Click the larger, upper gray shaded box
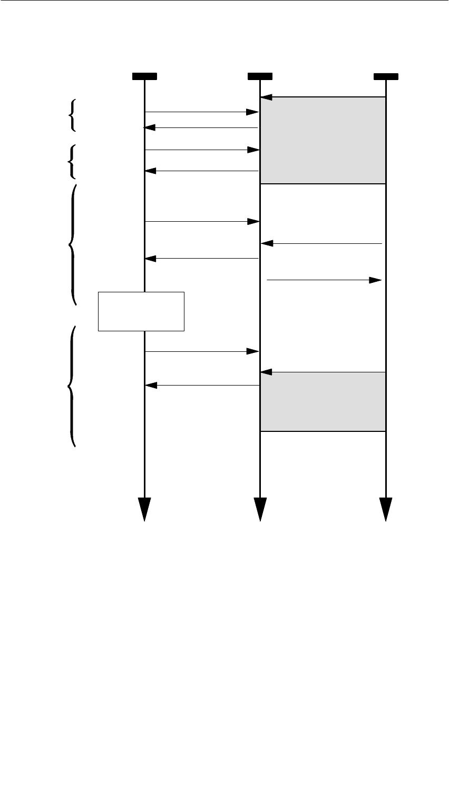323,140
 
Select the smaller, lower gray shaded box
323,401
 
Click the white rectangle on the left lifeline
141,311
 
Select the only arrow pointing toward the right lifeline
324,280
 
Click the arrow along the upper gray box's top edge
323,97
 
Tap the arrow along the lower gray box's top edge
323,372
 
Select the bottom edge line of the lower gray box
323,431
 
